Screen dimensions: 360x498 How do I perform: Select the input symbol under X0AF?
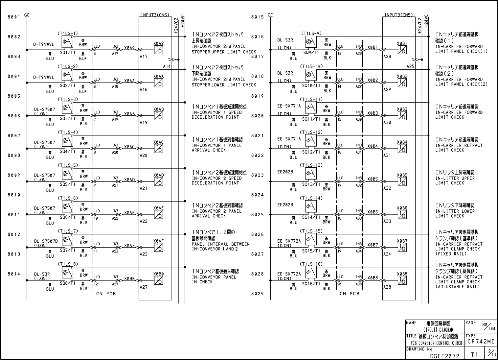click(x=159, y=248)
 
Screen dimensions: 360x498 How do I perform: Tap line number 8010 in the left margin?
click(x=14, y=195)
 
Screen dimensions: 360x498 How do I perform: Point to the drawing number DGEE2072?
click(x=445, y=355)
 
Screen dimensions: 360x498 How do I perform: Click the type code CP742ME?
click(x=481, y=342)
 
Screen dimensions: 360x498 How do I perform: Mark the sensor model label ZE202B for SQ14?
click(x=285, y=205)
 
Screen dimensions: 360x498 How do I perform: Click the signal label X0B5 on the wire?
click(x=373, y=180)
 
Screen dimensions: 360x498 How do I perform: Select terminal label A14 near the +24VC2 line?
click(x=167, y=66)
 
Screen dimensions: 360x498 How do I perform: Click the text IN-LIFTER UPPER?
click(x=455, y=178)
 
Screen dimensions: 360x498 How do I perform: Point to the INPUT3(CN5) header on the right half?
click(x=398, y=15)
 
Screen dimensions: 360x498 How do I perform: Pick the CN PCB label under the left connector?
click(x=106, y=294)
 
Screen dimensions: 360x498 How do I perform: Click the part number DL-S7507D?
click(x=46, y=241)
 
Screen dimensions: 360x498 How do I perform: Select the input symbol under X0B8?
click(x=402, y=280)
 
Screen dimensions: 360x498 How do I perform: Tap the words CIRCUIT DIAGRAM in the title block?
click(x=438, y=330)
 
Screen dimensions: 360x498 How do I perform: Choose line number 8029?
click(x=258, y=294)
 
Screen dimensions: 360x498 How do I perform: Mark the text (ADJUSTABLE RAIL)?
click(x=458, y=287)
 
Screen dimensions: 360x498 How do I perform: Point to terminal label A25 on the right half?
click(x=410, y=66)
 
